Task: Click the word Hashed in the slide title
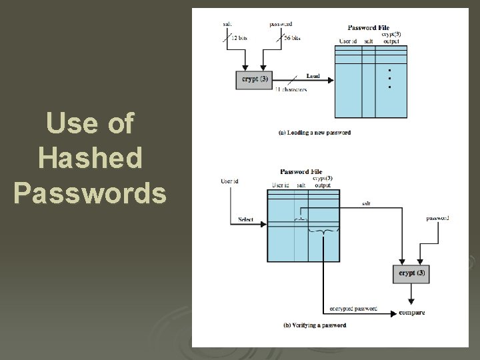tap(90, 158)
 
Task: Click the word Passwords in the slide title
tap(90, 193)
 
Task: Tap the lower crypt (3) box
tap(411, 272)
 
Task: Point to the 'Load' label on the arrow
tap(312, 75)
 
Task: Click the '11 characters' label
tap(291, 89)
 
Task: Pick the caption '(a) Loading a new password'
tap(315, 133)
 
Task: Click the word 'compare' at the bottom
tap(411, 312)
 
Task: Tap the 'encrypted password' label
tap(353, 309)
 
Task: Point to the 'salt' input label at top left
tap(228, 24)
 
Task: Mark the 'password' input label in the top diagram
tap(281, 24)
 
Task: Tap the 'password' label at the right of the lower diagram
tap(437, 218)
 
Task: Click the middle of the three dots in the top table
tap(389, 79)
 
